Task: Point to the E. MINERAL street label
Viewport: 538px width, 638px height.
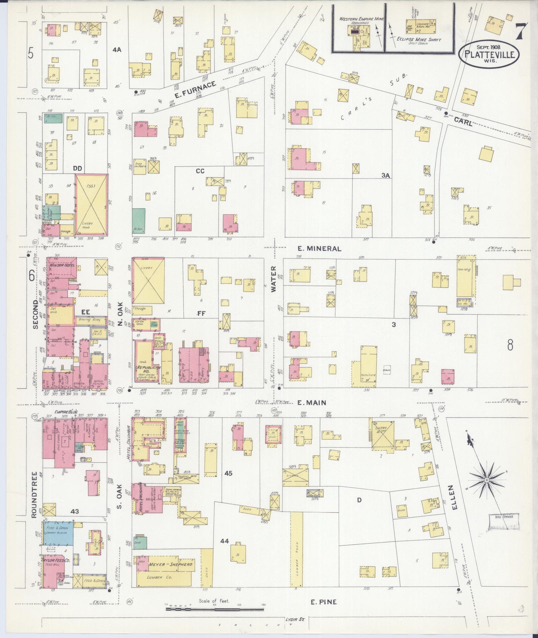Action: pyautogui.click(x=320, y=248)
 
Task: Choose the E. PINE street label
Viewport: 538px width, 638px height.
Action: pyautogui.click(x=324, y=602)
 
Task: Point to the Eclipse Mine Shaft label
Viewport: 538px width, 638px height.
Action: pyautogui.click(x=419, y=40)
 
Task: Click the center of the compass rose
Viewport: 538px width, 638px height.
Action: pyautogui.click(x=487, y=480)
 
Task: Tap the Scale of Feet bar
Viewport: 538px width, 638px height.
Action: pyautogui.click(x=215, y=609)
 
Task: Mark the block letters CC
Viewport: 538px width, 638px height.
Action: pyautogui.click(x=200, y=171)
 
